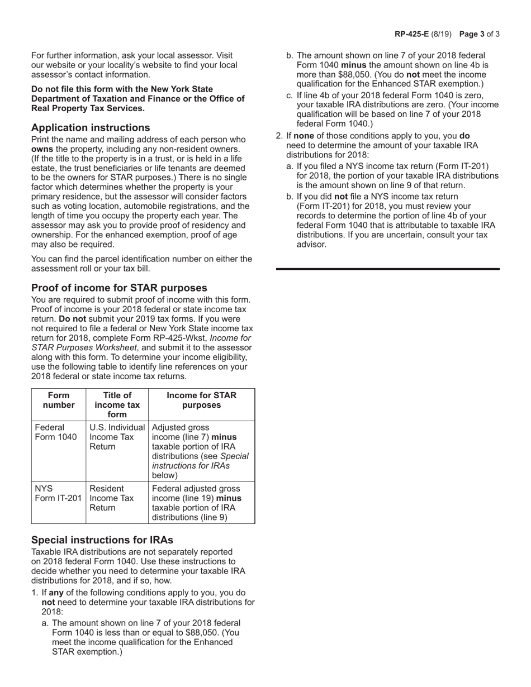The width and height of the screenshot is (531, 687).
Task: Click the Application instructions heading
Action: tap(91, 127)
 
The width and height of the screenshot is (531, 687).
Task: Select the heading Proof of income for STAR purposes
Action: tap(119, 288)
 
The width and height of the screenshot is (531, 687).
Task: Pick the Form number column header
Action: tap(58, 400)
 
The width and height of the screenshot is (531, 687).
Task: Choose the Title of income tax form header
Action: tap(117, 405)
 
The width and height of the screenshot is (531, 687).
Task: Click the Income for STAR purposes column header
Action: tap(201, 400)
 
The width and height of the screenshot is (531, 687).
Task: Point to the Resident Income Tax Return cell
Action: tap(117, 498)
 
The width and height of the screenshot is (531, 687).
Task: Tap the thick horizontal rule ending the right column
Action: tap(388, 269)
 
